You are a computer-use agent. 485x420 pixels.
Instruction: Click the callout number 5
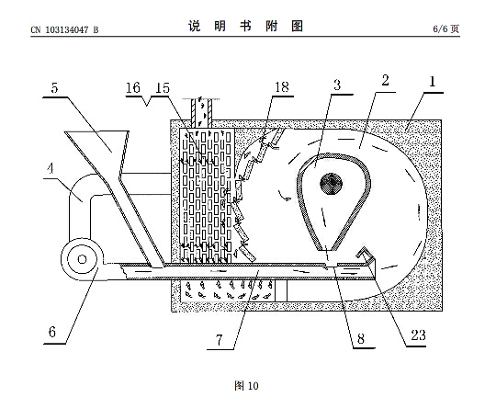(x=54, y=88)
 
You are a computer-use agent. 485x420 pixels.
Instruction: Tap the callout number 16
(x=133, y=87)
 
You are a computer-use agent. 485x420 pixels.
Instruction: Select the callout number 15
(x=163, y=88)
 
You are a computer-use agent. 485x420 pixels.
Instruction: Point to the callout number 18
(x=282, y=87)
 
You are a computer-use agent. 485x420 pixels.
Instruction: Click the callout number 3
(x=337, y=85)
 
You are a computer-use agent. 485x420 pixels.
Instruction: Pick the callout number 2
(x=385, y=81)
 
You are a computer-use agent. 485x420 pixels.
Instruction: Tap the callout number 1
(x=432, y=82)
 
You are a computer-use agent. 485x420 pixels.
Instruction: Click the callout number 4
(x=51, y=168)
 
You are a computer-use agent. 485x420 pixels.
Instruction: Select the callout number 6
(x=52, y=332)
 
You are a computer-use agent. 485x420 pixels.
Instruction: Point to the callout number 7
(x=220, y=340)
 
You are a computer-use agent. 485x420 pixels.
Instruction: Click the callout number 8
(x=361, y=338)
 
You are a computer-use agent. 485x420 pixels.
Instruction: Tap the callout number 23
(x=418, y=335)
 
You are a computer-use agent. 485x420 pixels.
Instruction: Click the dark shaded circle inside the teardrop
(x=331, y=184)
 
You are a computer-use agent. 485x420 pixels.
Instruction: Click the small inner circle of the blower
(x=82, y=259)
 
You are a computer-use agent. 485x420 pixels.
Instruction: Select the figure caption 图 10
(x=246, y=386)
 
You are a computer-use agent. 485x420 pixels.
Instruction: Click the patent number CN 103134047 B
(x=64, y=29)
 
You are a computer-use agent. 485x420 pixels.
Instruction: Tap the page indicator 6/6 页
(x=446, y=29)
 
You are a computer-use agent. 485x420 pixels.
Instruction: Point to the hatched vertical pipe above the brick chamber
(x=201, y=113)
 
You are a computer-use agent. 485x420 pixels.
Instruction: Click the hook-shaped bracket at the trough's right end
(x=367, y=257)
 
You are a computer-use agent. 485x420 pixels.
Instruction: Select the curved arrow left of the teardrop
(x=285, y=197)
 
